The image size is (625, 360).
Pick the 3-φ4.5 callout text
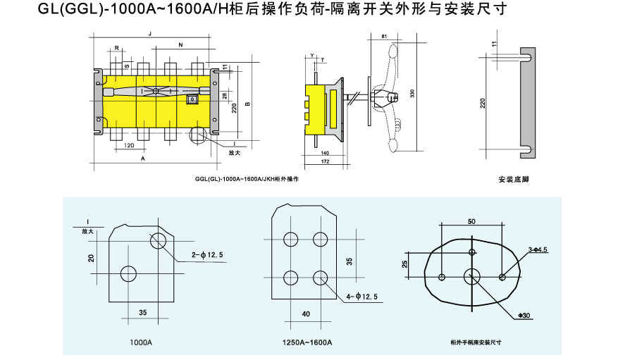(x=537, y=250)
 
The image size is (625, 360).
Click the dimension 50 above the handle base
(x=471, y=222)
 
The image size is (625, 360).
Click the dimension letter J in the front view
(x=150, y=34)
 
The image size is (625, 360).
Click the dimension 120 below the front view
(x=129, y=146)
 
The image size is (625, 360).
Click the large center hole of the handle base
(x=471, y=275)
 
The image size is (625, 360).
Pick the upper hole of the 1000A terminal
(x=158, y=242)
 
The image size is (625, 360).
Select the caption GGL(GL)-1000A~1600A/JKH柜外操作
(x=247, y=180)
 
